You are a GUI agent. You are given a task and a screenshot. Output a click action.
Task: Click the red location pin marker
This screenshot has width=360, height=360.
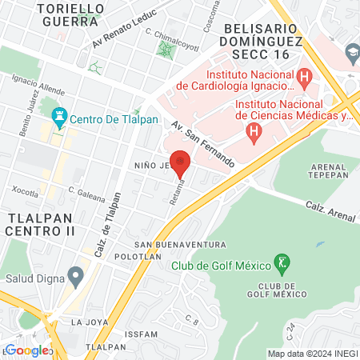click(x=180, y=162)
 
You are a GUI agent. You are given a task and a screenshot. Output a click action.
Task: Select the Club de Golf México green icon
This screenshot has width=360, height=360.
click(x=281, y=262)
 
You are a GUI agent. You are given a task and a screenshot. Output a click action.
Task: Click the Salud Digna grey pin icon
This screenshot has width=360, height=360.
click(x=76, y=278)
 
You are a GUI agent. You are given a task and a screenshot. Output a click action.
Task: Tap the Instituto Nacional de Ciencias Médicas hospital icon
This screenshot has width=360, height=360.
click(x=254, y=130)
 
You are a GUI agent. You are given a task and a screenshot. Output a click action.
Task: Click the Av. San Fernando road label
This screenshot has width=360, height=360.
click(x=203, y=144)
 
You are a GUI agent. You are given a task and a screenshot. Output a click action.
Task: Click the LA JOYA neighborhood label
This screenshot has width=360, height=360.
click(x=89, y=322)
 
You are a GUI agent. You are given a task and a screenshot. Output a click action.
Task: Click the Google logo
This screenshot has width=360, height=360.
click(x=27, y=350)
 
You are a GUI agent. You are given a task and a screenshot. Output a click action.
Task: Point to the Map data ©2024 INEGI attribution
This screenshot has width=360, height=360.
click(x=311, y=354)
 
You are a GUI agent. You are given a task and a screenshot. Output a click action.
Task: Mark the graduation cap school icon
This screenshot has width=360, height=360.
click(x=350, y=53)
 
